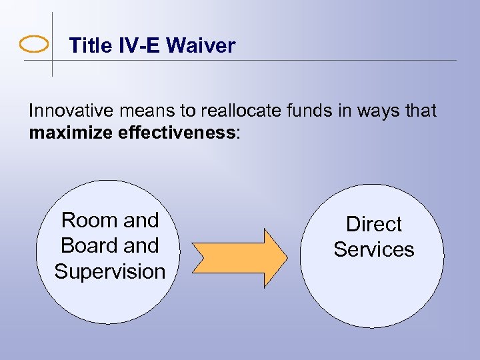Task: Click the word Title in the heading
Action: (91, 46)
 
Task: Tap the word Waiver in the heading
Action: (201, 46)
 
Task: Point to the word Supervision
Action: (110, 272)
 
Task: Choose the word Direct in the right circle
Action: (374, 224)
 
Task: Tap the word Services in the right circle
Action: (374, 249)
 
